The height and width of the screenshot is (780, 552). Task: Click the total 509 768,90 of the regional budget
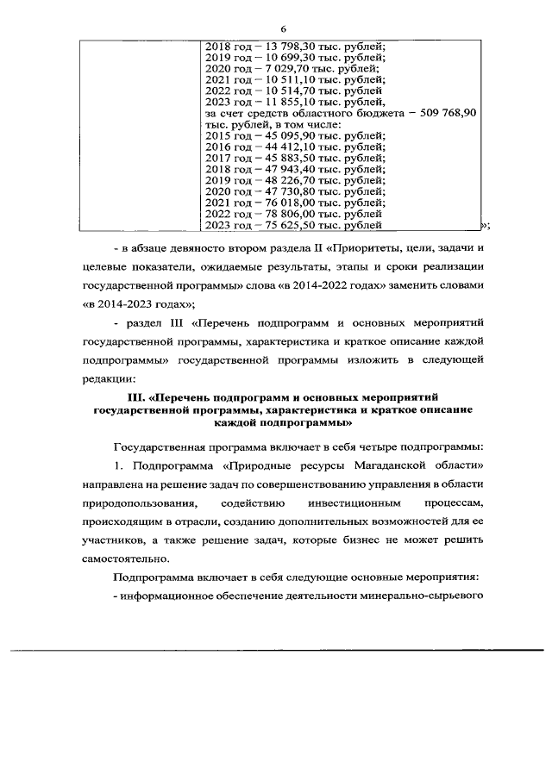tap(447, 115)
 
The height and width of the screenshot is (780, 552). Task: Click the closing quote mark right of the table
tap(485, 227)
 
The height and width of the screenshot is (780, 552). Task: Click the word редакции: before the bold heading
tap(108, 378)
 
